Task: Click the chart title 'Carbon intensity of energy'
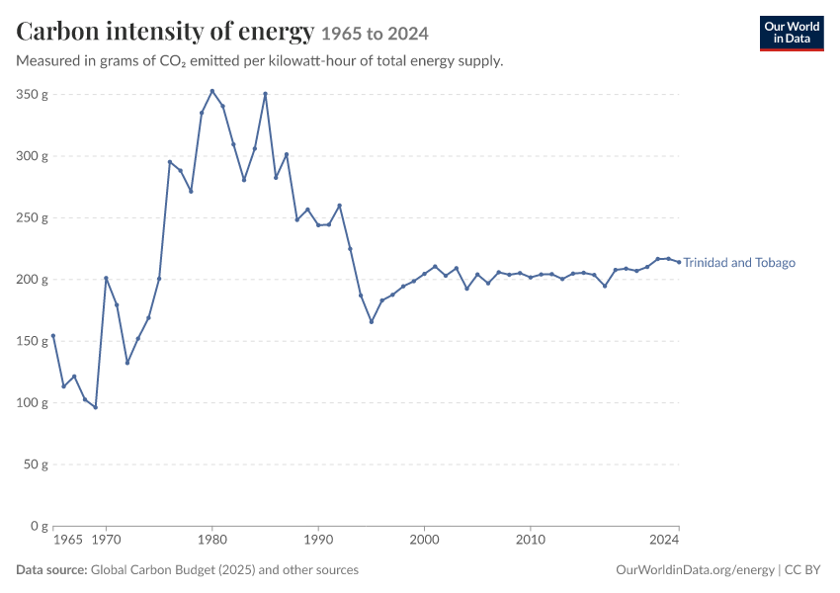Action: [x=165, y=31]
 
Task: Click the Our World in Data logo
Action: [x=792, y=34]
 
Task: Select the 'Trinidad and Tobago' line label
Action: [x=739, y=263]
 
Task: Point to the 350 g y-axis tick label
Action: [x=33, y=94]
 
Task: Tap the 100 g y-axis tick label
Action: [x=33, y=403]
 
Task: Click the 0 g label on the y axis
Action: [x=39, y=526]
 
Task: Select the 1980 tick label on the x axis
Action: [x=212, y=540]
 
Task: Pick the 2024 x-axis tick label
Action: [x=664, y=540]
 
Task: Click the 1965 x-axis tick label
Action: [x=68, y=540]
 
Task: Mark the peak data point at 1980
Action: [x=212, y=91]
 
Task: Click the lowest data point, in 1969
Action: [x=95, y=407]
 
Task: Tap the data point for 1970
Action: [x=106, y=278]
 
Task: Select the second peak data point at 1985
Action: [x=265, y=94]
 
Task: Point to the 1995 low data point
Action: [x=372, y=322]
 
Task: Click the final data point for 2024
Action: [x=679, y=262]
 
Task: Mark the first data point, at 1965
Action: [x=53, y=336]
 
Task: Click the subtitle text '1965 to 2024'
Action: [x=375, y=34]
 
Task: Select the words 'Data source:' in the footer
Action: [x=51, y=569]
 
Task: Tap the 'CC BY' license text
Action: [x=802, y=569]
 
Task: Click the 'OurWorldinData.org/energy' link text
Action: [x=696, y=570]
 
